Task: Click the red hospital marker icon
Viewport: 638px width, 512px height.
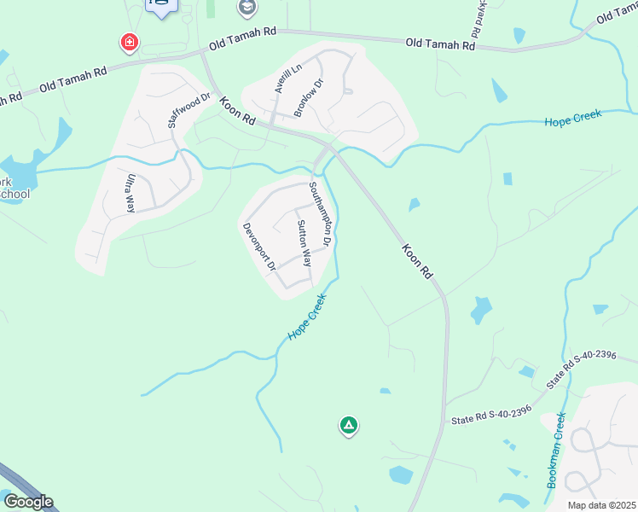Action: coord(129,42)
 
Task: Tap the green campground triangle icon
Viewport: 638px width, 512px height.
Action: coord(348,424)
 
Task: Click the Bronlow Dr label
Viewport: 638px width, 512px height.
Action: coord(308,98)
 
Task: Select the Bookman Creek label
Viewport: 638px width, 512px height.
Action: coord(555,451)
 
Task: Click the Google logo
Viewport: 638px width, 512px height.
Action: coord(27,502)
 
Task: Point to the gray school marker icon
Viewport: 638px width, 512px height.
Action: coord(247,9)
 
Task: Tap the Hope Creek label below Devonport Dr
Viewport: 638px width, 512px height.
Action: coord(307,318)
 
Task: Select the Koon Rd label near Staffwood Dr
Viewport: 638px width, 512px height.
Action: coord(237,113)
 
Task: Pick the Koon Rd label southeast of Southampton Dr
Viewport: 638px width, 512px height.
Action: coord(417,262)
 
